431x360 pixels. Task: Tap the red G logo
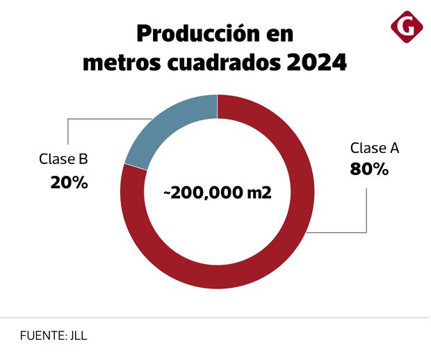407,27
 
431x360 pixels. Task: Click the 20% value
69,183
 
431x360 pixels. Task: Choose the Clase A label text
375,148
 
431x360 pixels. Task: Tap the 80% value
369,169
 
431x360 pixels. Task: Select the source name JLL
79,335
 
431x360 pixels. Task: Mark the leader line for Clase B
68,132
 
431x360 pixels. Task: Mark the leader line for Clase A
366,208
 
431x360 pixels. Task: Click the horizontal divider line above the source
215,318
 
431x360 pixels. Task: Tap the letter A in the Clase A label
394,148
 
